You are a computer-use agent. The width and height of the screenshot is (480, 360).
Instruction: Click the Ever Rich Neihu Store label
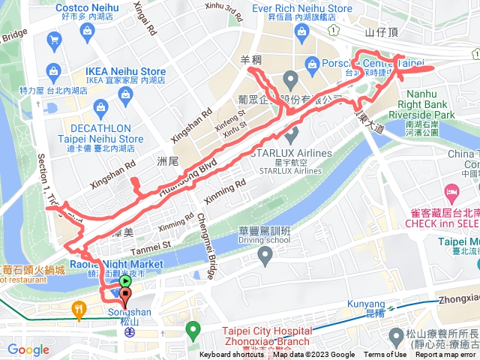[301, 8]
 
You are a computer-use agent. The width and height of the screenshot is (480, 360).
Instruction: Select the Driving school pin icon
[264, 256]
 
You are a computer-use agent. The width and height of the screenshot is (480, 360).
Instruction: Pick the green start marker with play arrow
[125, 282]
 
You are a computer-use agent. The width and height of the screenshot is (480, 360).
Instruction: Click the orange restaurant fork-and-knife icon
[78, 307]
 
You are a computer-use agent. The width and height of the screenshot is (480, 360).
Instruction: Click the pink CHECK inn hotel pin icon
[451, 191]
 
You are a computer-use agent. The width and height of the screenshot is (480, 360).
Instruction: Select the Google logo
[28, 349]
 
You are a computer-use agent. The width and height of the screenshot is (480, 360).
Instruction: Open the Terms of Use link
[384, 355]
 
